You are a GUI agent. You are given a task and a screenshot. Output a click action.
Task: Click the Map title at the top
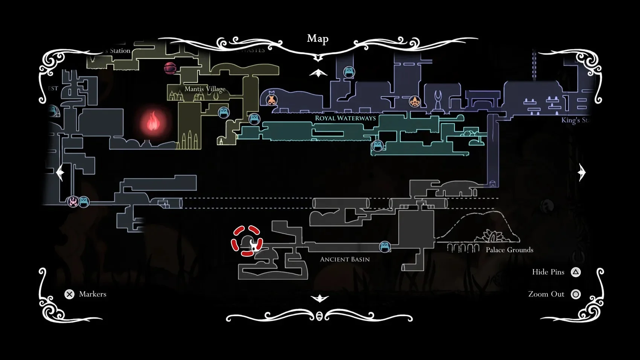(318, 38)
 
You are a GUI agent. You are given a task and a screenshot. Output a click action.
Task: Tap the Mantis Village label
(205, 89)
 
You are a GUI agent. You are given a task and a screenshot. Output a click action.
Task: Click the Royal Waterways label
(345, 118)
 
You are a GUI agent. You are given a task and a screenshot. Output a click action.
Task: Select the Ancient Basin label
(345, 259)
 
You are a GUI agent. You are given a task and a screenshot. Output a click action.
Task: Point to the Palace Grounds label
(509, 250)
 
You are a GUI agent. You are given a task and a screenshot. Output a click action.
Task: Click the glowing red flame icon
(153, 121)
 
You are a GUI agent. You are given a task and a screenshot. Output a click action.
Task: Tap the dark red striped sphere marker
(170, 68)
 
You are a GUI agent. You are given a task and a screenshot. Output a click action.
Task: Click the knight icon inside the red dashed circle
(255, 245)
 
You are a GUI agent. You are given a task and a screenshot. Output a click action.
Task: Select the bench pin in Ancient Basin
(385, 247)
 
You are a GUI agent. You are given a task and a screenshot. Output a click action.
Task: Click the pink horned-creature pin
(73, 202)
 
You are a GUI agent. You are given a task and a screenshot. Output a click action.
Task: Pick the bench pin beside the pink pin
(84, 202)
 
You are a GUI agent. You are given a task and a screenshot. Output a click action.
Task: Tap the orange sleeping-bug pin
(271, 100)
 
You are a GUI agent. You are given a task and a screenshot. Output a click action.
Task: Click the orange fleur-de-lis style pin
(414, 101)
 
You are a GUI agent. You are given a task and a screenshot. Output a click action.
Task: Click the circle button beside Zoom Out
(576, 294)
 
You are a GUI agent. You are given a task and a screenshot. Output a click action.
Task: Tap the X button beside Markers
(70, 294)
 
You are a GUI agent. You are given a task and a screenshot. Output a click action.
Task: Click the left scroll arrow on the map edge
(60, 173)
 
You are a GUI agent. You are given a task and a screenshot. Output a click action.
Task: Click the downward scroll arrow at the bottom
(320, 298)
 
